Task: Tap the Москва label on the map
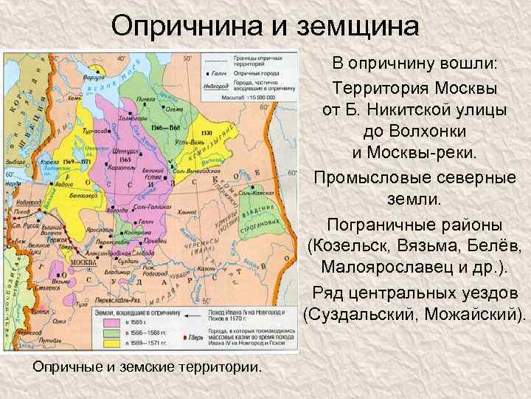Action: [81, 262]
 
